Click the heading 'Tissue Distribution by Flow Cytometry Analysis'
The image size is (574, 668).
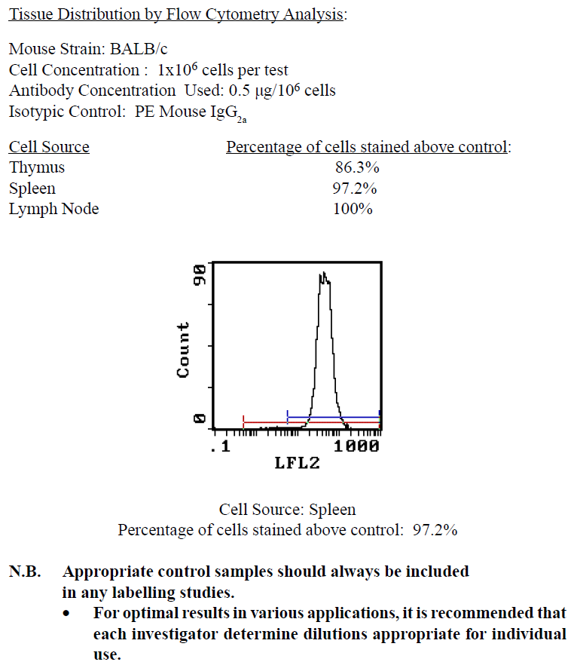(178, 14)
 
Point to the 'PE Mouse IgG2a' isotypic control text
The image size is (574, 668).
(200, 112)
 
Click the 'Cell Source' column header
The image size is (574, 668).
(49, 147)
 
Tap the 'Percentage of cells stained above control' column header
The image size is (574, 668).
(368, 147)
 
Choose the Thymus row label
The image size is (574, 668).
(37, 167)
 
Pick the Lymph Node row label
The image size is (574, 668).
(53, 209)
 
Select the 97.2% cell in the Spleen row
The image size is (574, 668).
(355, 188)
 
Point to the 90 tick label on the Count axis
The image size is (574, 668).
(200, 275)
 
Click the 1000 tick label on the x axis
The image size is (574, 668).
(356, 446)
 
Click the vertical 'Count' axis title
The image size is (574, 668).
(182, 350)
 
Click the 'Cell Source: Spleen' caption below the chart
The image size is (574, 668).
(287, 510)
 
